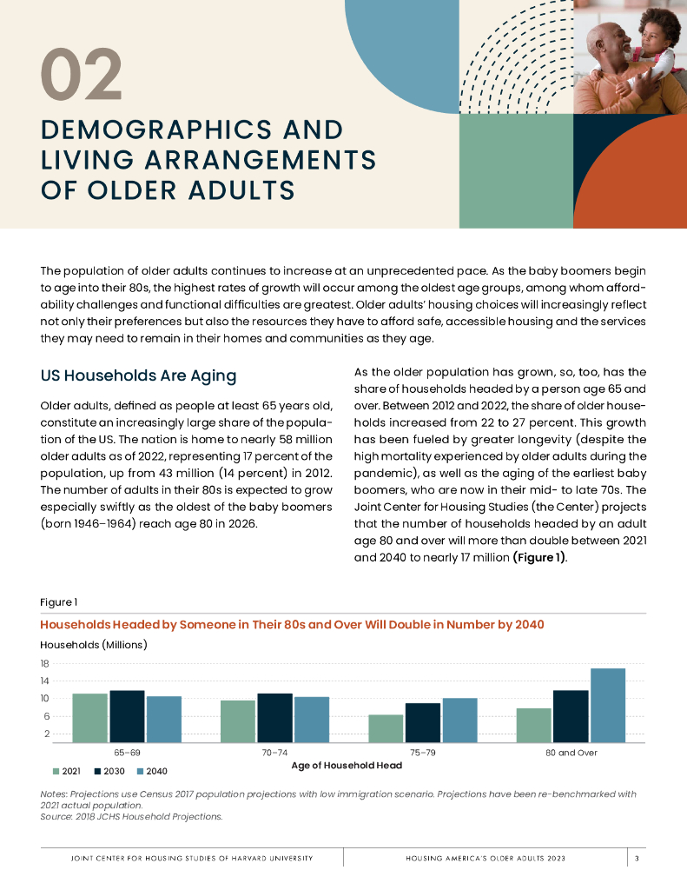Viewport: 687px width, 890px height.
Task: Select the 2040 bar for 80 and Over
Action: coord(608,705)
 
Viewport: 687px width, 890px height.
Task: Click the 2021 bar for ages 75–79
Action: coord(386,728)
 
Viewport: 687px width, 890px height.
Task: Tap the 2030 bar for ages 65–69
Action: coord(127,716)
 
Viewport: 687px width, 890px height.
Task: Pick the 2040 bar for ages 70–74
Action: coord(311,719)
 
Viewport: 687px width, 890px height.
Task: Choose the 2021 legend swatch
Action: coord(56,771)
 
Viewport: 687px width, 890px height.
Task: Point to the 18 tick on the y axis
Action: coord(44,663)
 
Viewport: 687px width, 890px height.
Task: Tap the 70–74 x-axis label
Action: coord(275,753)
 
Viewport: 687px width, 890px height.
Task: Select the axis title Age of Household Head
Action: coord(347,766)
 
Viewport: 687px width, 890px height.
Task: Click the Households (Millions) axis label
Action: coord(94,644)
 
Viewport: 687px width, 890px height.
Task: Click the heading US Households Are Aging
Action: coord(138,376)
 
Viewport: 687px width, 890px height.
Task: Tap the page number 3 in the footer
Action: coord(637,858)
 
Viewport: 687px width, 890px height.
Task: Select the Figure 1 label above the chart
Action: coord(59,601)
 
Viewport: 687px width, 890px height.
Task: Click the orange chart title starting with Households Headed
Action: coord(292,624)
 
